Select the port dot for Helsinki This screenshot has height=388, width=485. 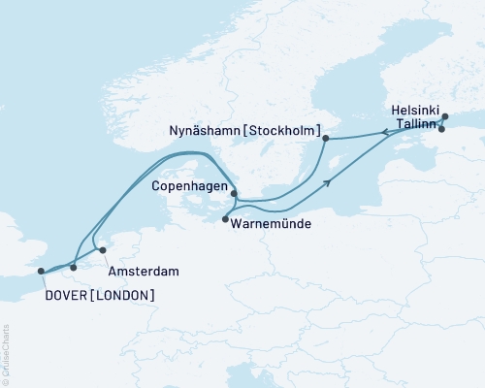pyautogui.click(x=445, y=117)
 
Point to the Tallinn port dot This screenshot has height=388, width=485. pyautogui.click(x=442, y=129)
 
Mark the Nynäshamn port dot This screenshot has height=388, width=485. pyautogui.click(x=326, y=139)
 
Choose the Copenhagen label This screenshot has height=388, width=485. pyautogui.click(x=191, y=185)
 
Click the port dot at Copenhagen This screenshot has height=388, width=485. pyautogui.click(x=234, y=193)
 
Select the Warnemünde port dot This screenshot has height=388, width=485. pyautogui.click(x=225, y=219)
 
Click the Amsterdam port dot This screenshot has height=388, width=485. pyautogui.click(x=103, y=250)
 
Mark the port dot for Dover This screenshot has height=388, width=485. pyautogui.click(x=41, y=272)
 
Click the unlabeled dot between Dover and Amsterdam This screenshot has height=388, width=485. pyautogui.click(x=74, y=267)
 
